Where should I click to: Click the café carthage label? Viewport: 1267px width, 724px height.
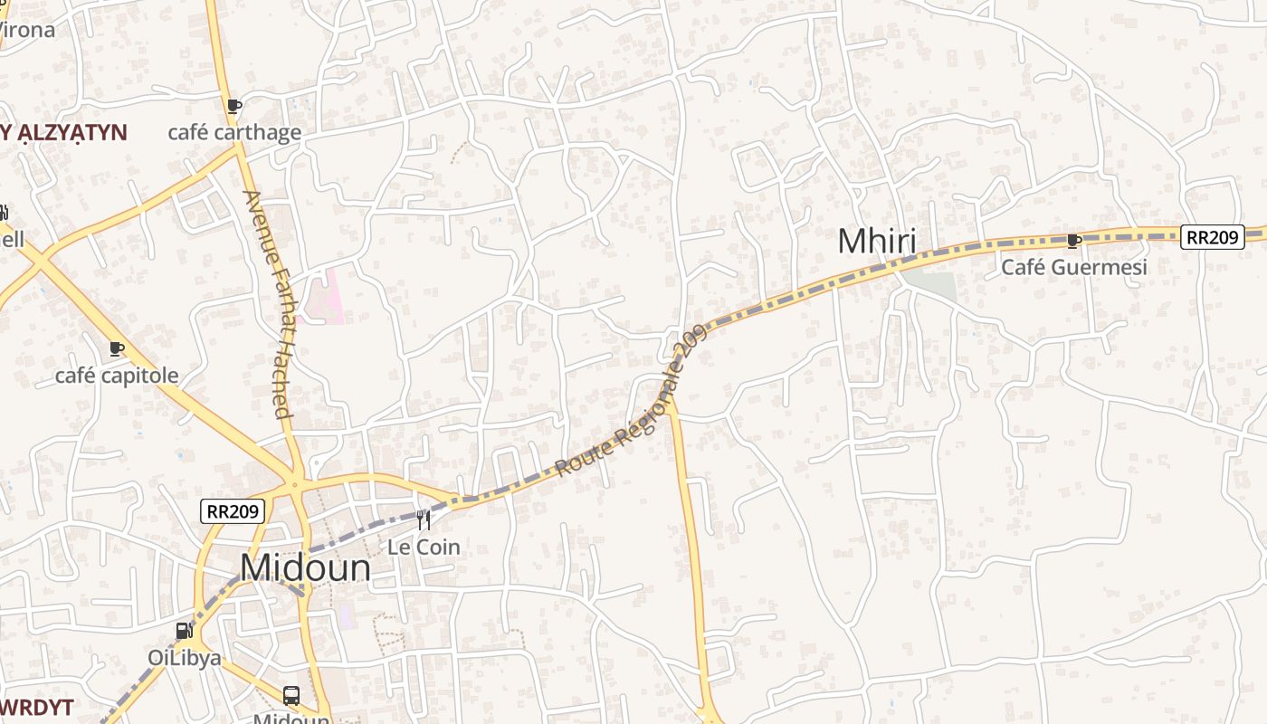234,133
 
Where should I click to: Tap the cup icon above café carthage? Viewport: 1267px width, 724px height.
234,106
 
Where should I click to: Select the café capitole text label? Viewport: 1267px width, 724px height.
117,376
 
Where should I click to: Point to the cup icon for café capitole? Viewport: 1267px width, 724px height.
117,348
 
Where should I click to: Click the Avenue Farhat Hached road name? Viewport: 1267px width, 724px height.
269,303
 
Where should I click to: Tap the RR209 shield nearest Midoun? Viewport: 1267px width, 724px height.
233,511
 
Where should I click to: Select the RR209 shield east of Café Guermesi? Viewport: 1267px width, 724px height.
1211,237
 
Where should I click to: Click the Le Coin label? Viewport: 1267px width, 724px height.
424,548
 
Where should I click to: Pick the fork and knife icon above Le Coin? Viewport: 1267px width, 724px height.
424,520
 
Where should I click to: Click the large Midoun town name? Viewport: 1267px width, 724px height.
306,568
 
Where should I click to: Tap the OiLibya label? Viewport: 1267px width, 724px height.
185,658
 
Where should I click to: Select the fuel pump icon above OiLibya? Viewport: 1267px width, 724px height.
184,631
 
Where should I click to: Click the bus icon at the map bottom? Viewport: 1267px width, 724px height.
291,695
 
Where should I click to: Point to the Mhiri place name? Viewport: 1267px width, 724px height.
876,243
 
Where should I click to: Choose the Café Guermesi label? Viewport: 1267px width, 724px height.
1073,267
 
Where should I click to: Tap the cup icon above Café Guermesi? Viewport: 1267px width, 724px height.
1073,240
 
